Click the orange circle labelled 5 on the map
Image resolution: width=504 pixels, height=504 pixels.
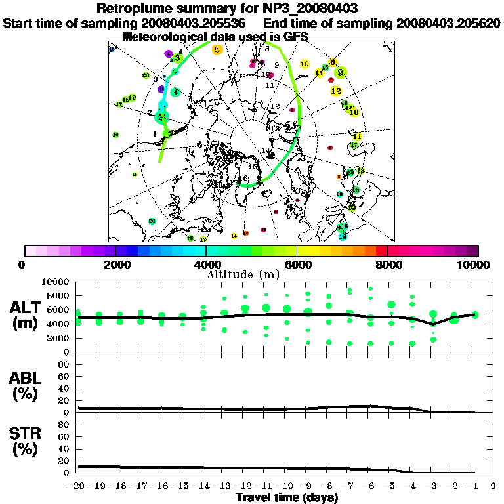pyautogui.click(x=217, y=49)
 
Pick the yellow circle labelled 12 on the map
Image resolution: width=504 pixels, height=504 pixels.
pyautogui.click(x=336, y=91)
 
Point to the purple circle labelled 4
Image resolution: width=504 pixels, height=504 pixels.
pyautogui.click(x=169, y=54)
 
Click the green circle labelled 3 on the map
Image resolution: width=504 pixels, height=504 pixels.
pyautogui.click(x=177, y=58)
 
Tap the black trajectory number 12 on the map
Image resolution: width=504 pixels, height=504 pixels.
pyautogui.click(x=275, y=106)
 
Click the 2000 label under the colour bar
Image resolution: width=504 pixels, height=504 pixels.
pyautogui.click(x=115, y=264)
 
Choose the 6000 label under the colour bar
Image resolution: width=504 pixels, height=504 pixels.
pyautogui.click(x=297, y=264)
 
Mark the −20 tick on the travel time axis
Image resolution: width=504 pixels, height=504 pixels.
pyautogui.click(x=77, y=486)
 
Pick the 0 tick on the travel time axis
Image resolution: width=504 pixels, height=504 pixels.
pyautogui.click(x=493, y=486)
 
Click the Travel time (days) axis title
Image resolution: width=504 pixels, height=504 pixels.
pyautogui.click(x=287, y=497)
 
